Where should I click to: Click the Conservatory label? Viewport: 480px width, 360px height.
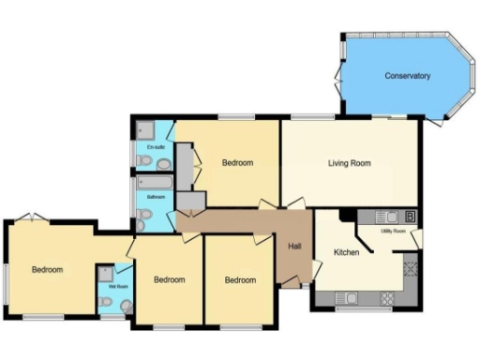click(408, 76)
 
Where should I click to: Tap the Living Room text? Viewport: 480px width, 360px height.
click(349, 163)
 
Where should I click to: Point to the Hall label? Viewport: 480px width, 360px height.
click(294, 246)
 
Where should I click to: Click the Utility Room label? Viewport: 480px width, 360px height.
click(392, 230)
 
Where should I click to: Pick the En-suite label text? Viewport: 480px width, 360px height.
click(156, 148)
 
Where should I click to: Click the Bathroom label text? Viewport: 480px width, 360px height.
click(156, 197)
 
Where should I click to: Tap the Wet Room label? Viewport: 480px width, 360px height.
click(118, 287)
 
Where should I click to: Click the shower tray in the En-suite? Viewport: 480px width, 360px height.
click(146, 129)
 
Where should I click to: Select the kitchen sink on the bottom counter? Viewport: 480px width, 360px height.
click(347, 299)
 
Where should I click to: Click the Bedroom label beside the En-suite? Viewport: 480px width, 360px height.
click(237, 163)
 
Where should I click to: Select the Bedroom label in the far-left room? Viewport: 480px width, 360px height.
click(47, 270)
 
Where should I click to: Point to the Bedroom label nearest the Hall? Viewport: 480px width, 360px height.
click(240, 279)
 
